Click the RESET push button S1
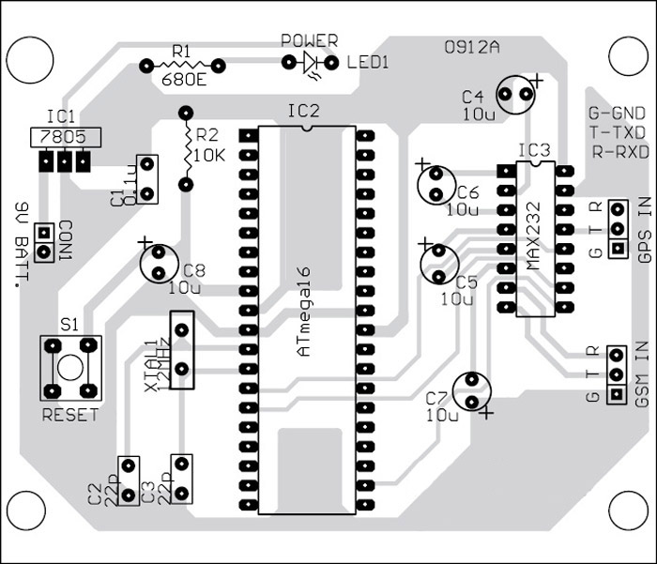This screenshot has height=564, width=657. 69,367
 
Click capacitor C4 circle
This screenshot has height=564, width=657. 512,95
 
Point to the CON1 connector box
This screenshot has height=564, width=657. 41,243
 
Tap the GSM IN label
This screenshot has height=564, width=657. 643,376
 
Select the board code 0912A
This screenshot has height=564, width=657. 471,47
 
